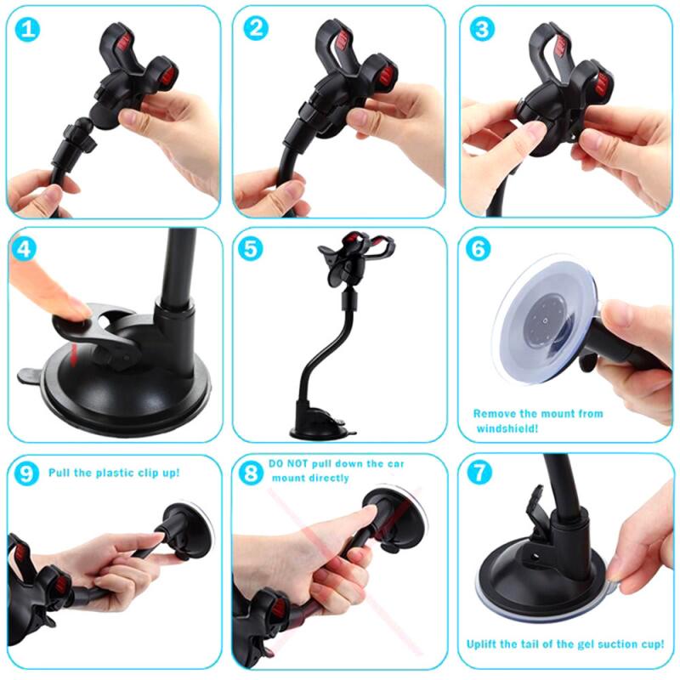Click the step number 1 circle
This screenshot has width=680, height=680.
[x=29, y=30]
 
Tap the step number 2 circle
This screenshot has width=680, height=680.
[x=255, y=28]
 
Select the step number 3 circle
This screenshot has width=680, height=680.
[x=482, y=29]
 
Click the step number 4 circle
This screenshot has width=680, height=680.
[x=26, y=250]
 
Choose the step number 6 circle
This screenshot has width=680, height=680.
[x=480, y=250]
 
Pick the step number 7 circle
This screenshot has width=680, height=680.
[x=480, y=473]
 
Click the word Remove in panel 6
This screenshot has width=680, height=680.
[x=495, y=414]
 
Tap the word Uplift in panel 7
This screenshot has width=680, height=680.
[x=484, y=643]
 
